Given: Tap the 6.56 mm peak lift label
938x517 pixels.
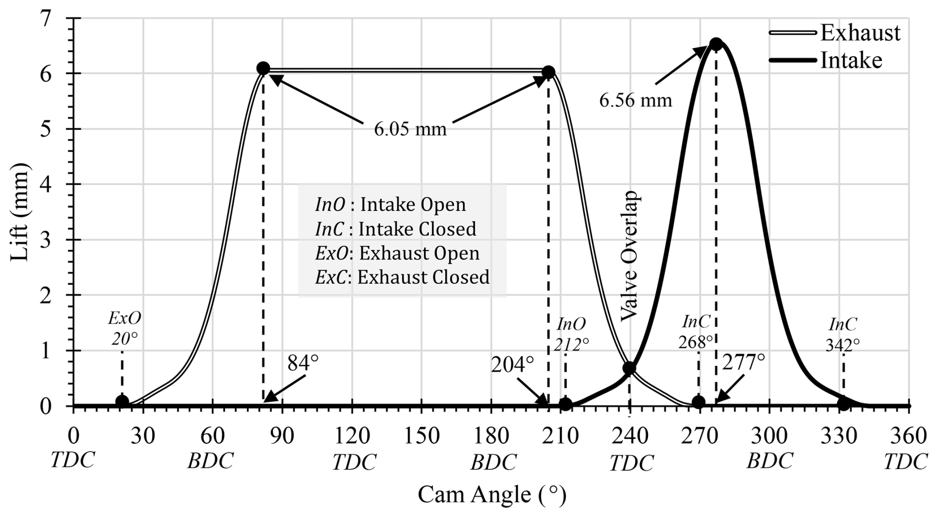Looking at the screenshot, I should click(636, 101).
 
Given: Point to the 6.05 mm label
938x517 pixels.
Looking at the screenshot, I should click(410, 129).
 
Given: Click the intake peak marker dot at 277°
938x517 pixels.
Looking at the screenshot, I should click(715, 44).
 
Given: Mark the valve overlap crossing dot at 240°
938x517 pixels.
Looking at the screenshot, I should click(629, 368).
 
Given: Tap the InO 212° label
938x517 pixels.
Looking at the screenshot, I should click(571, 334).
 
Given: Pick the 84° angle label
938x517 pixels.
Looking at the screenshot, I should click(302, 363).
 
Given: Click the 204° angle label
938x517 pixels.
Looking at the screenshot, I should click(513, 365).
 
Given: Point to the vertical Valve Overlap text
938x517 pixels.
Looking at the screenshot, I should click(631, 256).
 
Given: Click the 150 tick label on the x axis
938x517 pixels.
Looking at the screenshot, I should click(421, 436).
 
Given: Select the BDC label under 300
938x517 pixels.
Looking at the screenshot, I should click(770, 462).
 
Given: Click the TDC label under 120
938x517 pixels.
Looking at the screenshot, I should click(354, 463).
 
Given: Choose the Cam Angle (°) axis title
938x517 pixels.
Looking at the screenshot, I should click(492, 495).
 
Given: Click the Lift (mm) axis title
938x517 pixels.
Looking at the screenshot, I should click(21, 211).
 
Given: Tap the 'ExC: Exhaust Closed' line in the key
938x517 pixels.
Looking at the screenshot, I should click(402, 277).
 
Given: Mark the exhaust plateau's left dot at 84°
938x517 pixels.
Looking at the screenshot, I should click(263, 68).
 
